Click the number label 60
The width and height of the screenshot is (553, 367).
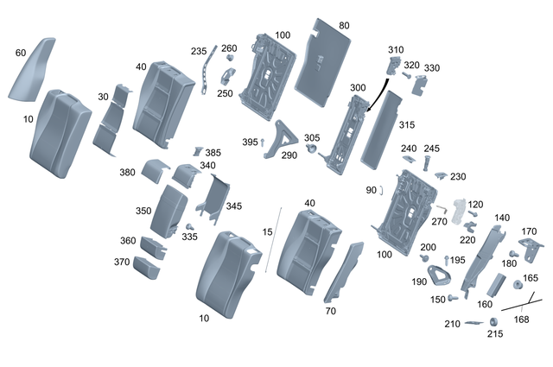pyautogui.click(x=21, y=53)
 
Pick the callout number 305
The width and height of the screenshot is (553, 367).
pyautogui.click(x=311, y=137)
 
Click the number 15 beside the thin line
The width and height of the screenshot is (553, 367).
pyautogui.click(x=267, y=232)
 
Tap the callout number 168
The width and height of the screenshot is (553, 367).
pyautogui.click(x=521, y=319)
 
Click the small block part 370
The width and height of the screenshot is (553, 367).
pyautogui.click(x=146, y=267)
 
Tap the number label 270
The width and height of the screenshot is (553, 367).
pyautogui.click(x=438, y=221)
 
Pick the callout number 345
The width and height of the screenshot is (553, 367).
pyautogui.click(x=233, y=207)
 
